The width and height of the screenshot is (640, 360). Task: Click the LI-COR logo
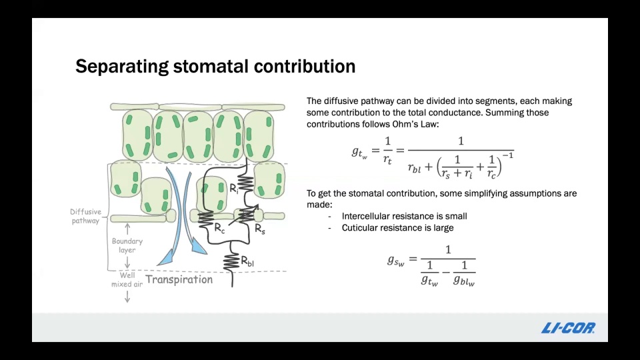[x=568, y=328]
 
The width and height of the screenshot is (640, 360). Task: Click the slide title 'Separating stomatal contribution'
[x=215, y=66]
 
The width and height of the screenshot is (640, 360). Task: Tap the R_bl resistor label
[x=247, y=261]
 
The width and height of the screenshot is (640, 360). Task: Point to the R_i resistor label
[x=233, y=189]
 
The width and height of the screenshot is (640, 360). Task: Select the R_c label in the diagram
[x=219, y=229]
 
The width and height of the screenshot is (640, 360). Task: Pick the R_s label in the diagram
[x=260, y=229]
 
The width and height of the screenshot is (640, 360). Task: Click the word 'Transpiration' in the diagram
[x=179, y=279]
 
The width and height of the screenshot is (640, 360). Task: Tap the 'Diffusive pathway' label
[x=86, y=216]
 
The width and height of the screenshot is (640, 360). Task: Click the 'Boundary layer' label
[x=127, y=245]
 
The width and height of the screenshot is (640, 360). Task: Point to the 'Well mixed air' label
[x=127, y=279]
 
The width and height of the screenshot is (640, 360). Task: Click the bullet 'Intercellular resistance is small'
[x=404, y=216]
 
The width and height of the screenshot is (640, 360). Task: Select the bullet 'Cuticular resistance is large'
[x=397, y=228]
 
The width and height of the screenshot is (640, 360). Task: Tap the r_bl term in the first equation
[x=414, y=167]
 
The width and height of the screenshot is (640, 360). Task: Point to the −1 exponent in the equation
[x=508, y=155]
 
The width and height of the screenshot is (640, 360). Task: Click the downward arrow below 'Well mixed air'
[x=127, y=296]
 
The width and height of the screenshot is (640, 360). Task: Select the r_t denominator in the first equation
[x=387, y=159]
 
